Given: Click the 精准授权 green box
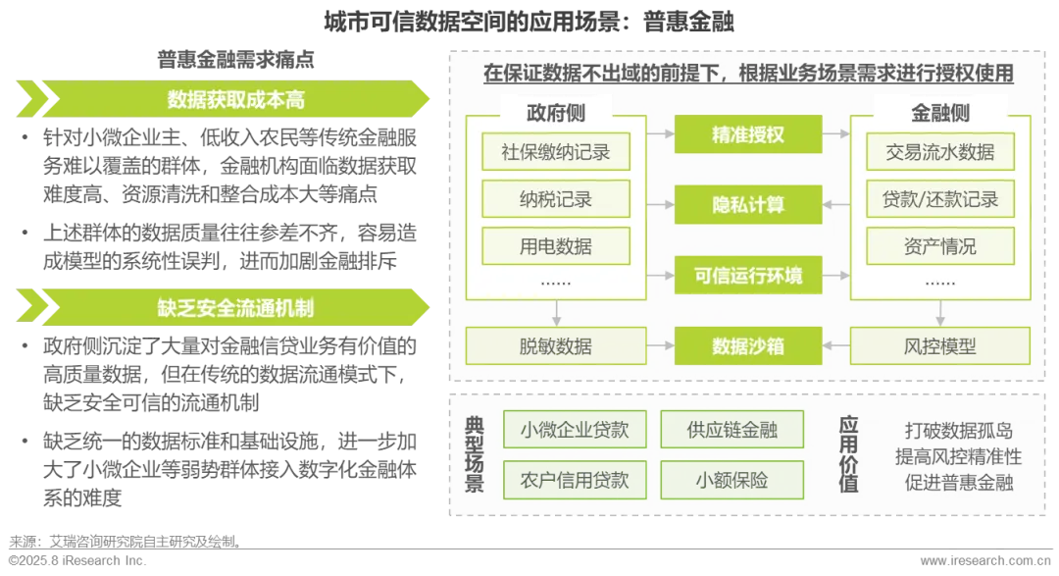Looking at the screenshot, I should click(x=748, y=134).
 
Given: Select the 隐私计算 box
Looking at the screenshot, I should click(x=748, y=205).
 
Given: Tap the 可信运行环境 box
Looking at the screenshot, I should click(x=748, y=276).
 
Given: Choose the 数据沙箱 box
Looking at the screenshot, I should click(x=748, y=346).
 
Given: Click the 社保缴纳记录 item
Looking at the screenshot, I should click(x=556, y=152).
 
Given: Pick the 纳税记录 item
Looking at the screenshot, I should click(x=556, y=199).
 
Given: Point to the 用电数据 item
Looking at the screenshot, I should click(x=556, y=246).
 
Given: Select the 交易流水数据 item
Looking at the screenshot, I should click(x=940, y=152).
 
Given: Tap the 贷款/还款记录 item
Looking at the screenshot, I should click(x=940, y=199).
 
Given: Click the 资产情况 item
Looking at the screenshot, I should click(x=940, y=246).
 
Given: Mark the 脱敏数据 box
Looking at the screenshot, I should click(x=556, y=346).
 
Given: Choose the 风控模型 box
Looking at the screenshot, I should click(x=940, y=346).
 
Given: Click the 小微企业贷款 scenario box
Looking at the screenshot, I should click(x=575, y=429).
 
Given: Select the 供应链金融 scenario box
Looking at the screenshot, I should click(x=732, y=429).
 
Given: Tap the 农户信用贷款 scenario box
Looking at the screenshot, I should click(x=575, y=481).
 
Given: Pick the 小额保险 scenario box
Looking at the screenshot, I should click(x=732, y=481).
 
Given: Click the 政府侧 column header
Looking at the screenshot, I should click(x=556, y=113).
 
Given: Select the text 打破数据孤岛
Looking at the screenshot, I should click(x=958, y=432).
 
